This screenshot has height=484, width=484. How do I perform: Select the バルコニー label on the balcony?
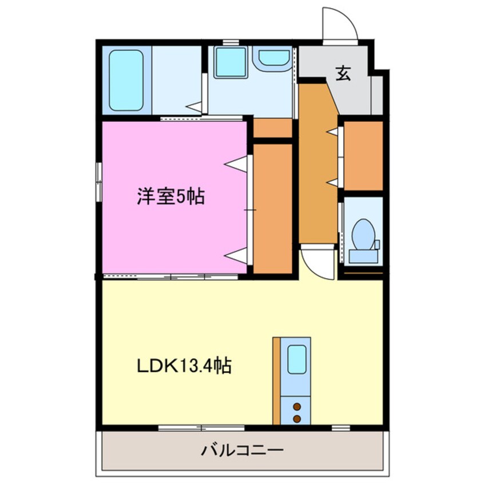(x=242, y=450)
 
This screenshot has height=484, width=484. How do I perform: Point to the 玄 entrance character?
(x=343, y=73)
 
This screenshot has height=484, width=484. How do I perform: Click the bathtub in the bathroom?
(x=125, y=80)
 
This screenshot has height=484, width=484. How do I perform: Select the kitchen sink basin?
(x=296, y=360)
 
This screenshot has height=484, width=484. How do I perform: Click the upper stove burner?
(x=297, y=407)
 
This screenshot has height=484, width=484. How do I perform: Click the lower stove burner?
(x=297, y=419)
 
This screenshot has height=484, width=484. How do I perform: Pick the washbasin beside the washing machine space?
(x=274, y=57)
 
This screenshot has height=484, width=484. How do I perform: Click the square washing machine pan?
(x=231, y=62)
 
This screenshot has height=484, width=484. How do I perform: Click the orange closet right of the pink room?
(x=273, y=208)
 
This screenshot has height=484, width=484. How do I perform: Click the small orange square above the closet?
(x=273, y=128)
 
